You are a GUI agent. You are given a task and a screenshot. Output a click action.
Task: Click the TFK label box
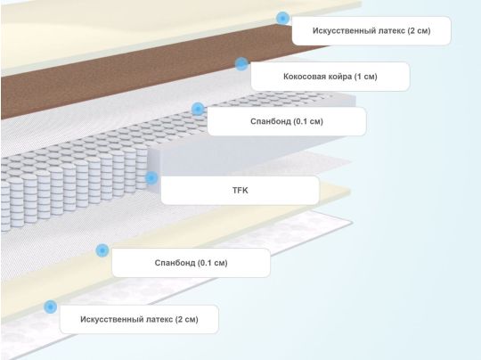(x=240, y=191)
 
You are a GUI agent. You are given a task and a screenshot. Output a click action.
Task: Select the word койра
(x=338, y=77)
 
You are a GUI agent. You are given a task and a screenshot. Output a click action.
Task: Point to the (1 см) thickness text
(x=366, y=77)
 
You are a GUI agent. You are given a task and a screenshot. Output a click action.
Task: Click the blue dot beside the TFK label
(x=151, y=177)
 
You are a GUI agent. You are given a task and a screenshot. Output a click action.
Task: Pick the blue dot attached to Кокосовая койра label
(x=241, y=64)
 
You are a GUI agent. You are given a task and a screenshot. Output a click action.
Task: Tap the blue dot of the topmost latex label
(x=282, y=18)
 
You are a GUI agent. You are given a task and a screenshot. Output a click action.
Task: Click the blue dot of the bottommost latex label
(x=50, y=307)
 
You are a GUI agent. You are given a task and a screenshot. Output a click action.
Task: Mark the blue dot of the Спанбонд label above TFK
(x=198, y=109)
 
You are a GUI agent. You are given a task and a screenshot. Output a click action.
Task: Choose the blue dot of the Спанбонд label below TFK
(x=102, y=250)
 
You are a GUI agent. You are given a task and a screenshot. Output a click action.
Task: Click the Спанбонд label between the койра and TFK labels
(x=287, y=121)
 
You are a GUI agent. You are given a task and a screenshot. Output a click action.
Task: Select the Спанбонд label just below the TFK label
(x=191, y=263)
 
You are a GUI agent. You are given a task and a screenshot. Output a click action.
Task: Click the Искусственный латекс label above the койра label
(x=371, y=30)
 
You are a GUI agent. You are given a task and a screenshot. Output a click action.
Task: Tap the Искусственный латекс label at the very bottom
(x=139, y=319)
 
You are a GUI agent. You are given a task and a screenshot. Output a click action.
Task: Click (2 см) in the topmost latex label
(x=419, y=30)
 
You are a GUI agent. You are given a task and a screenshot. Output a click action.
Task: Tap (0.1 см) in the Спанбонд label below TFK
(x=213, y=263)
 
